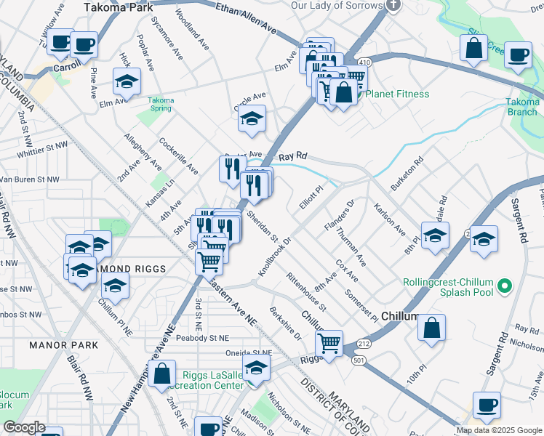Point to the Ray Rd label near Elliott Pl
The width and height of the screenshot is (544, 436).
coord(293,156)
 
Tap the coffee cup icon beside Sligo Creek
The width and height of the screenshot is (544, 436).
coord(518,56)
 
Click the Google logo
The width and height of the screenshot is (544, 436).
coord(25,427)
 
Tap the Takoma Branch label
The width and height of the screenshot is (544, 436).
coord(522,106)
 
